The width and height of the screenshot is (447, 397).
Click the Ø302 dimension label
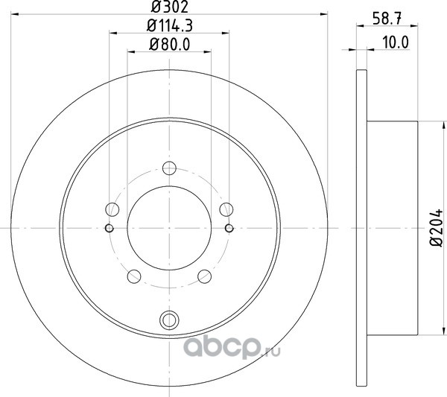pyautogui.click(x=169, y=7)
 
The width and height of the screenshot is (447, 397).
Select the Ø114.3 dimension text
pyautogui.click(x=170, y=25)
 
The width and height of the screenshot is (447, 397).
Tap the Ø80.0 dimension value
pyautogui.click(x=169, y=45)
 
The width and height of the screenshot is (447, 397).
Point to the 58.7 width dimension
pyautogui.click(x=387, y=19)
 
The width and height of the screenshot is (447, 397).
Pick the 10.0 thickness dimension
pyautogui.click(x=396, y=42)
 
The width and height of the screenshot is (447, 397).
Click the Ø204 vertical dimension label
pyautogui.click(x=436, y=228)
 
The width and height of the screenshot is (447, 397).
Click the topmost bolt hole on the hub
pyautogui.click(x=169, y=168)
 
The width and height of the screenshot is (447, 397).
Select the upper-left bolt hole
pyautogui.click(x=112, y=209)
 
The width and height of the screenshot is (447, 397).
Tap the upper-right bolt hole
pyautogui.click(x=226, y=209)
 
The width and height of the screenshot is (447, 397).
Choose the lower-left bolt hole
pyautogui.click(x=134, y=276)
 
